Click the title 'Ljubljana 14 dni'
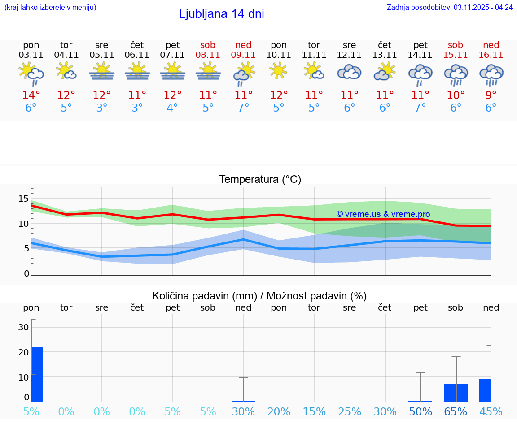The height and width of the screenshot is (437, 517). tap(221, 14)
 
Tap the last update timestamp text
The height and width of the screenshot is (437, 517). tap(449, 7)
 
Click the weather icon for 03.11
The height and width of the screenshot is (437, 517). tap(31, 74)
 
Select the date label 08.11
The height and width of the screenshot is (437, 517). tap(208, 55)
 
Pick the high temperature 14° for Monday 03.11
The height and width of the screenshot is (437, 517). tap(31, 95)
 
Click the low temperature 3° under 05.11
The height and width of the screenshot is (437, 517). tap(102, 108)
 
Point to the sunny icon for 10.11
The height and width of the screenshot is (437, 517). tap(279, 71)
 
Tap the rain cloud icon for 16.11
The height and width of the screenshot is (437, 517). tap(491, 74)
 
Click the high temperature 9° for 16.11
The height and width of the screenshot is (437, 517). tap(491, 95)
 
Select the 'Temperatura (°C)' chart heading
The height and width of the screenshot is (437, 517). tap(260, 179)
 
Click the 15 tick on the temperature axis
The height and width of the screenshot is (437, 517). tap(23, 199)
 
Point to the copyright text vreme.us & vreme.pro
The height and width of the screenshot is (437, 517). tap(383, 214)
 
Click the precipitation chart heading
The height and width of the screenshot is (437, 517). tap(259, 296)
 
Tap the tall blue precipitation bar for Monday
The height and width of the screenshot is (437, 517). tap(37, 374)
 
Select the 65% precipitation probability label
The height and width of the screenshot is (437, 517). tap(456, 411)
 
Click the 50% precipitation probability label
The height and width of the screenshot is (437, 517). tap(421, 411)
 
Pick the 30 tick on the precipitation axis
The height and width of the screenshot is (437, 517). tap(23, 327)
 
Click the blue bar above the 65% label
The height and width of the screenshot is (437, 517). tap(456, 393)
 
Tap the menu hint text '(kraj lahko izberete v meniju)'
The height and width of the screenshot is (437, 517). tap(50, 7)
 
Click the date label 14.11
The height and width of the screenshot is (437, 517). tap(421, 55)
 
